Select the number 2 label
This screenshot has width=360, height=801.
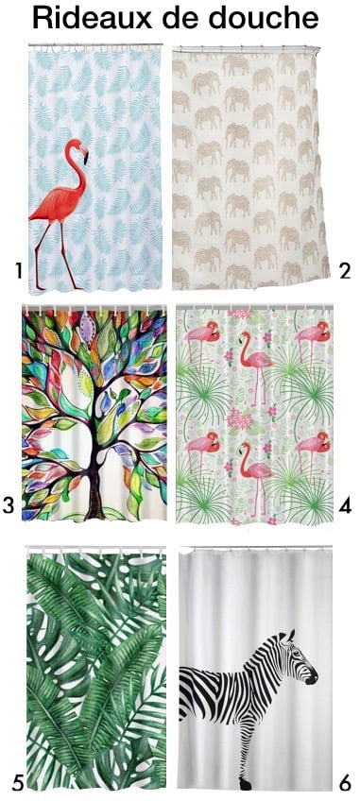pyautogui.click(x=345, y=272)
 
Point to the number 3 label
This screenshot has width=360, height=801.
pyautogui.click(x=9, y=507)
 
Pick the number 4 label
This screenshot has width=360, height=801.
pyautogui.click(x=345, y=507)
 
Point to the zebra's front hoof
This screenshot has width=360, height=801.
pyautogui.click(x=245, y=783)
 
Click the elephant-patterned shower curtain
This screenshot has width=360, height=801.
pyautogui.click(x=250, y=165)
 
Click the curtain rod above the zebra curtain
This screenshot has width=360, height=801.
pyautogui.click(x=255, y=548)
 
